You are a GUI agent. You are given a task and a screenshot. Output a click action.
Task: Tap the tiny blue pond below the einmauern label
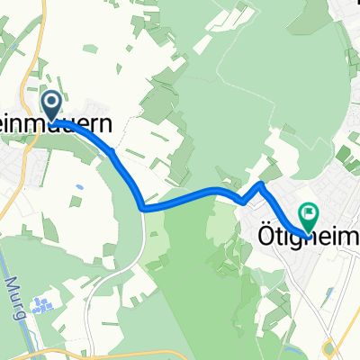click(x=80, y=187)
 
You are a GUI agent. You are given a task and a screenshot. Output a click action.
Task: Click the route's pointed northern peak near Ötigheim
click(x=260, y=184)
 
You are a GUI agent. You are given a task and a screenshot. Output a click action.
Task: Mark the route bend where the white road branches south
click(x=142, y=207)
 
